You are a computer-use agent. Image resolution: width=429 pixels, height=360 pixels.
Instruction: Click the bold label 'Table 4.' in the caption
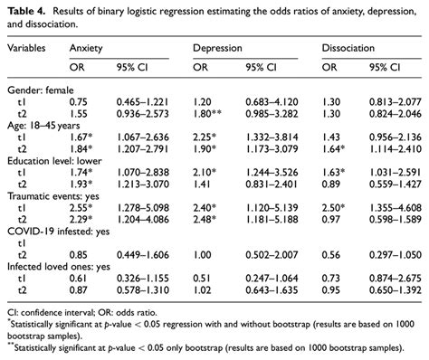(26, 10)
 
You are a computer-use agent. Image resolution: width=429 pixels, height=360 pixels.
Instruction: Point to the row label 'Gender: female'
(38, 91)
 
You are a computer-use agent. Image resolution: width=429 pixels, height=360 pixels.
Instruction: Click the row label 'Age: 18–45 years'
(43, 130)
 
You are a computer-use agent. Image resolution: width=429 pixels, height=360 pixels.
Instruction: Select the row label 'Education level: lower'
(51, 168)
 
